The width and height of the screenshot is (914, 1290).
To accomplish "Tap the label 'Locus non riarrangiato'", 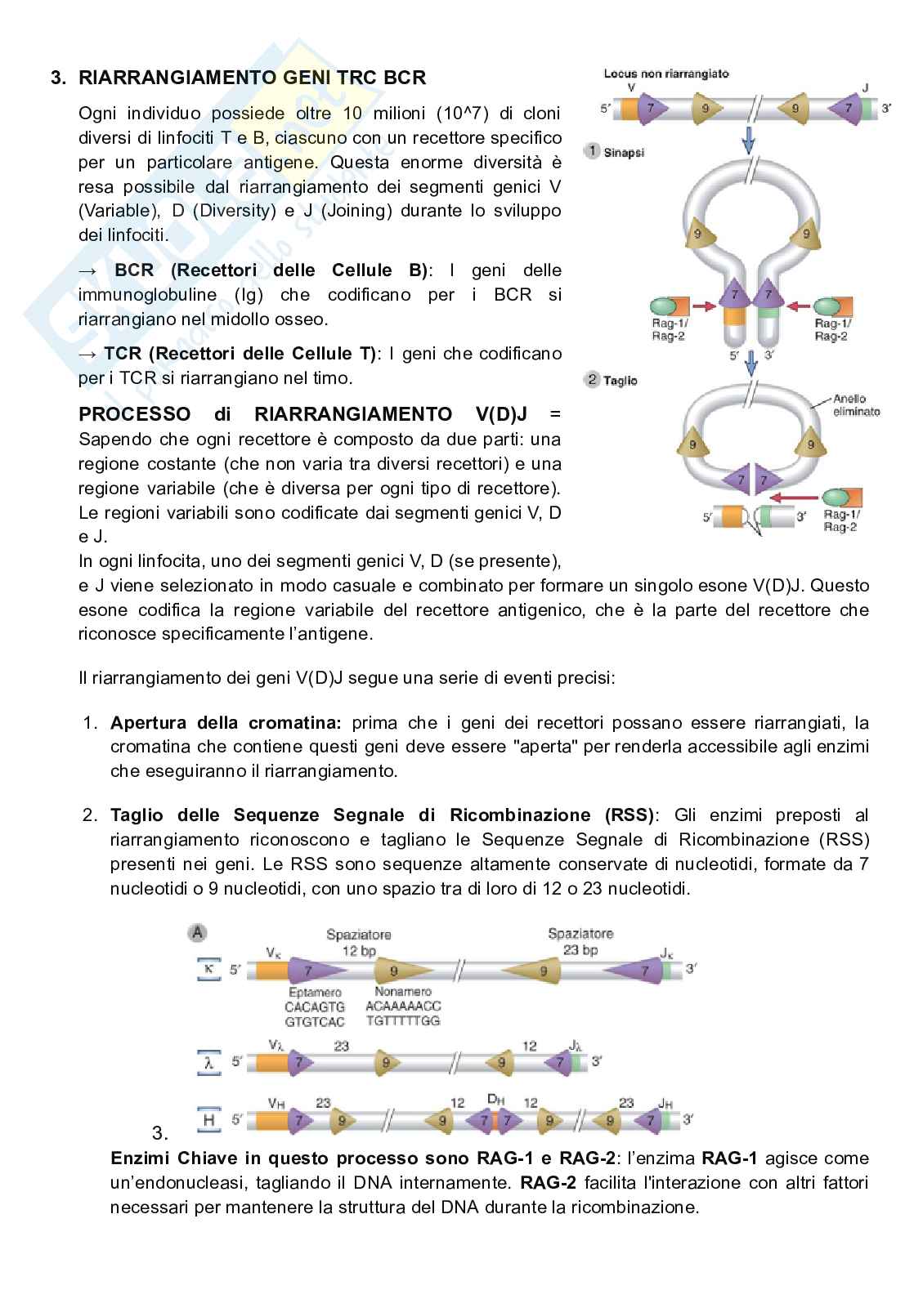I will coord(665,74).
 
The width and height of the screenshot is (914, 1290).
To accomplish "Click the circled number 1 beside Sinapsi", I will coord(591,151).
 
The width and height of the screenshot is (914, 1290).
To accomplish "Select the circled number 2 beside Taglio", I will coord(591,380).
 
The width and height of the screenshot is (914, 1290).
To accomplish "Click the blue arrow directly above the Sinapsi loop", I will coord(748,143).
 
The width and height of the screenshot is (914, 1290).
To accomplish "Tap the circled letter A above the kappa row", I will coord(196,932).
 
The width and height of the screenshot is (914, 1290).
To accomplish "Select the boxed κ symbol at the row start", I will coord(209,969).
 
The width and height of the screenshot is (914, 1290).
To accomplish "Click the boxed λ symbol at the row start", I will coord(209,1062).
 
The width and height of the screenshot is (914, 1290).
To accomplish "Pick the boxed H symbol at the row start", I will coord(209,1119).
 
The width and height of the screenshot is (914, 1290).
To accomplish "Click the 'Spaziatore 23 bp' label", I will coord(580,941).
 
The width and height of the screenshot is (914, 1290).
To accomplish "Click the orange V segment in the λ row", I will coord(271,1062).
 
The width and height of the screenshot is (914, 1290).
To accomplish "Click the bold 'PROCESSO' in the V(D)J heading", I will coord(134,414).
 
